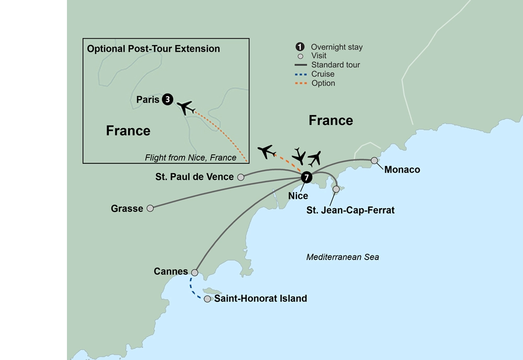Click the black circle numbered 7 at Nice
coord(306,177)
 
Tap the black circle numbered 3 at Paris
coord(167,99)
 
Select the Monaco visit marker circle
coord(374,161)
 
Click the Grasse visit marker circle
coord(150,208)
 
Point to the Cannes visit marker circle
coord(195,273)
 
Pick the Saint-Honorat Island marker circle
coord(207,299)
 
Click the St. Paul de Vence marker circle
coord(241,177)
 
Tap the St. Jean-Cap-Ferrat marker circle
coord(336,189)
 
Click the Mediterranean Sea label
coord(343,257)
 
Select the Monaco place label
coord(402,170)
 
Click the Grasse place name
coord(127,209)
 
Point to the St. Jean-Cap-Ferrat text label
coord(350,210)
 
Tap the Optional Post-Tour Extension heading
coord(153,49)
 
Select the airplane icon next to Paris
coord(186,107)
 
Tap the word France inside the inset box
coord(128,130)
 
